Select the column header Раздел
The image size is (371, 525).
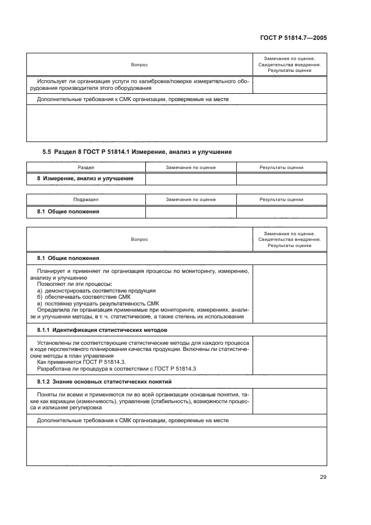pyautogui.click(x=86, y=167)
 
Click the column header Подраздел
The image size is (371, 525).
pyautogui.click(x=86, y=199)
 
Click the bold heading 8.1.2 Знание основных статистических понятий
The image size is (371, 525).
pyautogui.click(x=104, y=381)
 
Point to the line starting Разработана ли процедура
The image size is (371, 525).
pyautogui.click(x=104, y=368)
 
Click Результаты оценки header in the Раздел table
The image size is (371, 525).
pyautogui.click(x=281, y=167)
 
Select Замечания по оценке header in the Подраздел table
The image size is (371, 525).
pyautogui.click(x=191, y=199)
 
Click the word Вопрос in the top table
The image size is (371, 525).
pyautogui.click(x=139, y=65)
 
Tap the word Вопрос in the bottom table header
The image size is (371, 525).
pyautogui.click(x=139, y=239)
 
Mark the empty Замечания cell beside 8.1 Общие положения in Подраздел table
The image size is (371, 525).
pyautogui.click(x=191, y=211)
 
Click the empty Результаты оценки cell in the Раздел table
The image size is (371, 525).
pyautogui.click(x=281, y=179)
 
